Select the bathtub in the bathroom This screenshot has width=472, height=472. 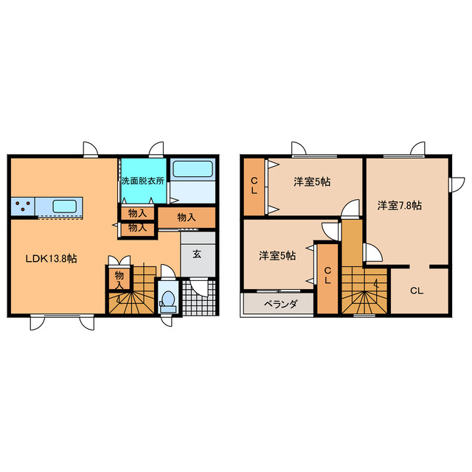pyautogui.click(x=192, y=169)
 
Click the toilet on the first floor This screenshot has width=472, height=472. pyautogui.click(x=168, y=299)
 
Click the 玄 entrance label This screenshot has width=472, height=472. pyautogui.click(x=198, y=254)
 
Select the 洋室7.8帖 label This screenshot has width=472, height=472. pyautogui.click(x=400, y=205)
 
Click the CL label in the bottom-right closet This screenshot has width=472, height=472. pyautogui.click(x=417, y=291)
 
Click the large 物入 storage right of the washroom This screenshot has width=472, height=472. pyautogui.click(x=187, y=217)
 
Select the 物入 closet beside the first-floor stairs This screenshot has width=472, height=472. pyautogui.click(x=118, y=279)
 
